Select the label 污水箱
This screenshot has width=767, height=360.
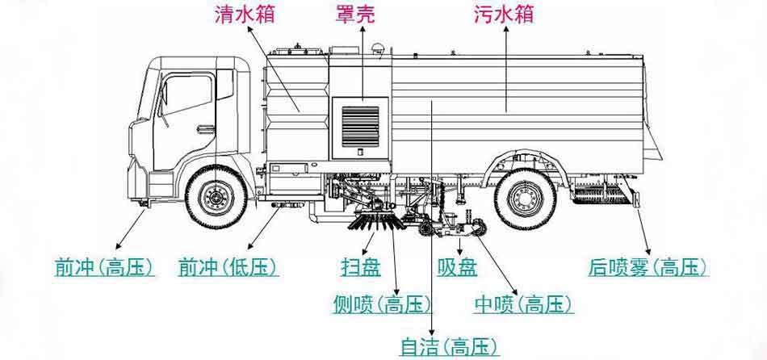click(x=505, y=15)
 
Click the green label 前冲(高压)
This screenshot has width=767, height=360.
click(x=104, y=267)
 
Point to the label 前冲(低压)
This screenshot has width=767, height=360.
click(x=228, y=267)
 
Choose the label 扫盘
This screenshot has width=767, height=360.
click(x=360, y=267)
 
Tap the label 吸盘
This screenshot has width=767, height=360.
click(x=457, y=267)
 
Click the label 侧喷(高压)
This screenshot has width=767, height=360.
click(x=383, y=304)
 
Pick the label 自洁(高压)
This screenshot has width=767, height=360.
click(x=450, y=346)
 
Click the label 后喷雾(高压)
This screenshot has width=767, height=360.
click(x=648, y=267)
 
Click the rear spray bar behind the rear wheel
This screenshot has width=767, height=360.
click(x=602, y=194)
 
